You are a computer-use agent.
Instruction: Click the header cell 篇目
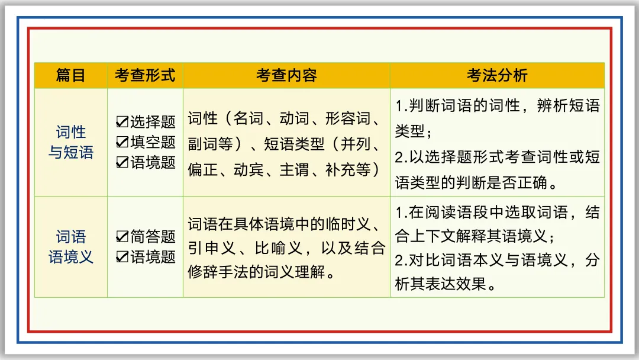(70, 75)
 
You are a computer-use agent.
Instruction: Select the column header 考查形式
(145, 75)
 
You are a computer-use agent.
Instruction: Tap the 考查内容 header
(286, 75)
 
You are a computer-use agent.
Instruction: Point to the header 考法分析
(497, 75)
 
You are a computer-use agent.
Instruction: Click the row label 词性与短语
(70, 142)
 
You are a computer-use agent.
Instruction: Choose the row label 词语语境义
(70, 247)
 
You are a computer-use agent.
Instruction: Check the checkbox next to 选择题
(122, 123)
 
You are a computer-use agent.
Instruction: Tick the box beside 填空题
(122, 142)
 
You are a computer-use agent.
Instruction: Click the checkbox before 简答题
(122, 237)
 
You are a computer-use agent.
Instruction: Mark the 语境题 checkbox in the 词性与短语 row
(122, 162)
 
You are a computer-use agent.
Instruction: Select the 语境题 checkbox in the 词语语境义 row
(122, 257)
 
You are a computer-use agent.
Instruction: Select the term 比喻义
(279, 248)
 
